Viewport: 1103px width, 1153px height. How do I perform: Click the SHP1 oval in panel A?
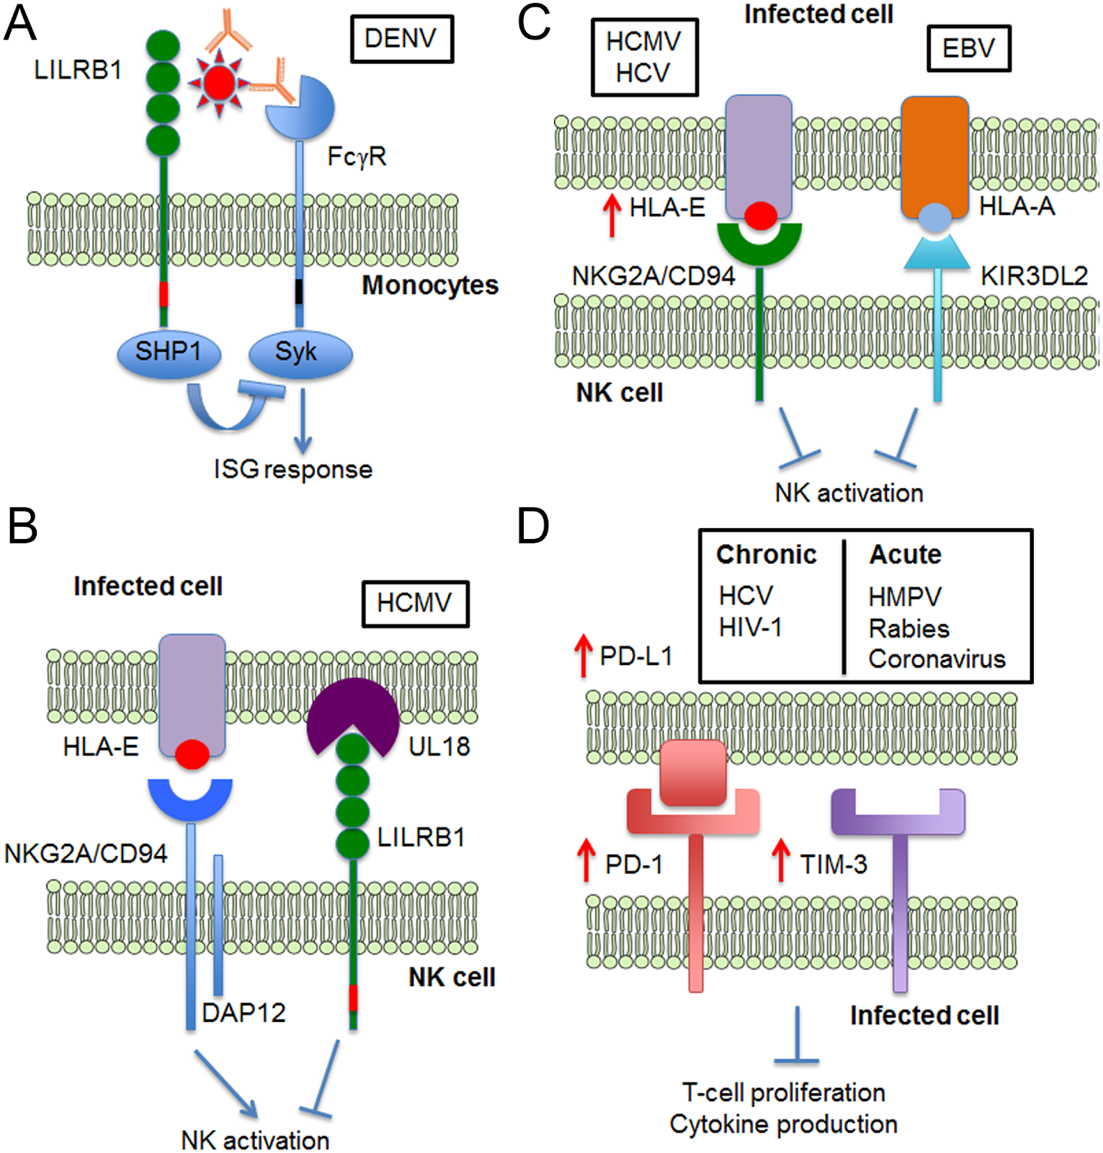tap(169, 352)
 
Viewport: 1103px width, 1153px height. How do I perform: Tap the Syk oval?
tap(300, 353)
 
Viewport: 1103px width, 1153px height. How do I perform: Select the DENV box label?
tap(401, 38)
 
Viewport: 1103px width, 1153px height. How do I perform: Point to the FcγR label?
tap(357, 156)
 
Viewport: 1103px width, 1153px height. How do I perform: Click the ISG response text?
tap(293, 469)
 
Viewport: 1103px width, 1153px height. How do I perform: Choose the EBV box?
tap(968, 48)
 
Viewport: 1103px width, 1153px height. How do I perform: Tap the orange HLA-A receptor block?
tap(934, 155)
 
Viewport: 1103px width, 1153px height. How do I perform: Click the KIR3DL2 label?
tap(1034, 276)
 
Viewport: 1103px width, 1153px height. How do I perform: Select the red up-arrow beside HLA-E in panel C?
tap(612, 214)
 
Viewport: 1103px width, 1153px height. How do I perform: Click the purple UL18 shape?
tap(353, 710)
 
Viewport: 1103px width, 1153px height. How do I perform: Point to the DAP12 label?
tap(244, 1012)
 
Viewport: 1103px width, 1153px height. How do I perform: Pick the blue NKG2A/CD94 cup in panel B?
tap(190, 798)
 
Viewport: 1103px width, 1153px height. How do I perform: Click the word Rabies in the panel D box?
tap(908, 628)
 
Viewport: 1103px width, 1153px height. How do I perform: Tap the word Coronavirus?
tap(937, 659)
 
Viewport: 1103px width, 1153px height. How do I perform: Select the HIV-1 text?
tap(750, 627)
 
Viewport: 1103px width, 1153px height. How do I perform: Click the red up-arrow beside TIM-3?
tap(780, 859)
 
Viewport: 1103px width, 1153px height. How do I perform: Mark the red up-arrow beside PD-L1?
tap(583, 655)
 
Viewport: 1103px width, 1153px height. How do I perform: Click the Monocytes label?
tap(430, 285)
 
